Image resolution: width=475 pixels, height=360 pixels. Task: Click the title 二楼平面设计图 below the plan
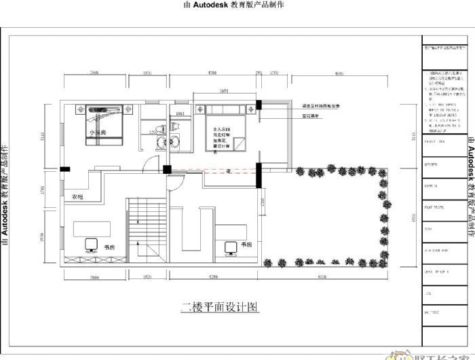click(220, 307)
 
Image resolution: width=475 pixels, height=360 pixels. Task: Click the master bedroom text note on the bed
click(223, 158)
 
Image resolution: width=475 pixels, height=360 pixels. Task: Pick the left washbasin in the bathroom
click(161, 160)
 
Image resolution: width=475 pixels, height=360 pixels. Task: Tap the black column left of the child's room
click(63, 188)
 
